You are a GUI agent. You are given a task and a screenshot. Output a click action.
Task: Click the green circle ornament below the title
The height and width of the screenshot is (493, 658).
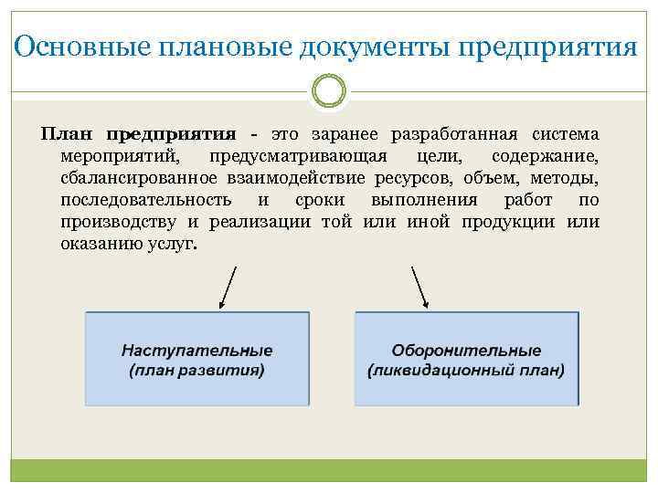[x=328, y=91]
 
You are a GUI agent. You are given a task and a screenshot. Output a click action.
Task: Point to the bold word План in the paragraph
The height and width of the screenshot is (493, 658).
[x=67, y=133]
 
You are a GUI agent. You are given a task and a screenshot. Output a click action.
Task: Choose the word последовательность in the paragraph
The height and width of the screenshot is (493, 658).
[x=145, y=200]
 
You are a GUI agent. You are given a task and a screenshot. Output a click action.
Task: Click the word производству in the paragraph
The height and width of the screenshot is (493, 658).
[x=118, y=222]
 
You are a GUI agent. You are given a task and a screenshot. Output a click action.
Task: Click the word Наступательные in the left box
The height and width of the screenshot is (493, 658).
[x=196, y=351]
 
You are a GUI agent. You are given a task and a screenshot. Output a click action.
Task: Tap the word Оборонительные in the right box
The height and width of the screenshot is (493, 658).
[x=466, y=351]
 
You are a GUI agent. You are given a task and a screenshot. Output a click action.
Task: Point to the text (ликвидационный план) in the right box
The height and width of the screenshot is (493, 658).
[x=466, y=371]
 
